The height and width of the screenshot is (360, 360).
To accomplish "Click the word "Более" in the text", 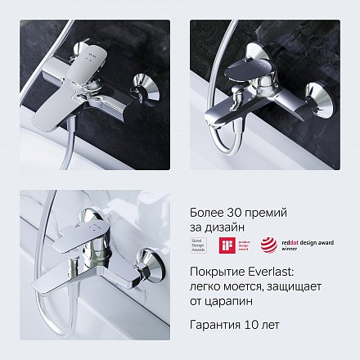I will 205,213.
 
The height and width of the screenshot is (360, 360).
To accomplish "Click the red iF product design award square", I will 226,245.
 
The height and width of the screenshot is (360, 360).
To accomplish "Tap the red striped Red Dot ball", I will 268,245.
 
